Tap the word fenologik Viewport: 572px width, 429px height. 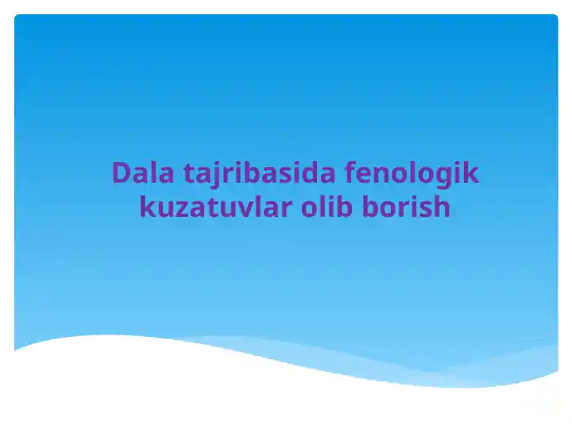(x=413, y=173)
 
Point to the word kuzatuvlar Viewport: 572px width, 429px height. (x=215, y=207)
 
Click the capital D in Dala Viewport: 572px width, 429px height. (x=121, y=173)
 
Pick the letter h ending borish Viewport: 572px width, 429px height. (x=442, y=207)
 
